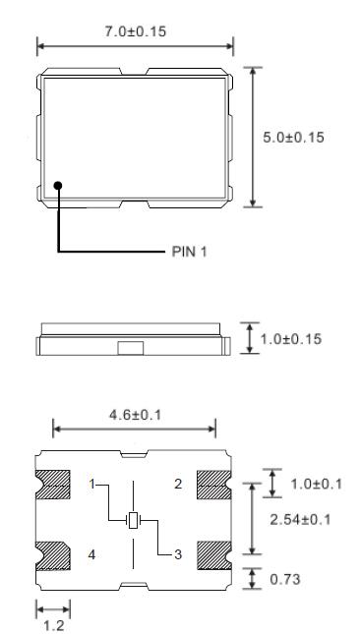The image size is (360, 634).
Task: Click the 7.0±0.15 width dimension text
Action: click(x=136, y=31)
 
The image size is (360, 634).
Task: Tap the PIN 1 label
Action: click(x=184, y=252)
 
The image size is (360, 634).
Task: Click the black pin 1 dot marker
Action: click(x=59, y=184)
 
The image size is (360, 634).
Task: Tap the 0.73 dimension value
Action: click(x=286, y=580)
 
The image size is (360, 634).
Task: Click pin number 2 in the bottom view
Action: click(x=178, y=484)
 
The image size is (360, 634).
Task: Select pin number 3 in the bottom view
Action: click(x=177, y=555)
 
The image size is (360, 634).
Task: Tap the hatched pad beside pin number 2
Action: click(x=212, y=485)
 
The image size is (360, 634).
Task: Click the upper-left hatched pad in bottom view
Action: click(x=53, y=485)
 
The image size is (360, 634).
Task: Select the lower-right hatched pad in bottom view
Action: click(x=212, y=555)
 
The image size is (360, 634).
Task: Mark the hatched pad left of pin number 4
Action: click(x=53, y=555)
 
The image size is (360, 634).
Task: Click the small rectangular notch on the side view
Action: click(x=130, y=347)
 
